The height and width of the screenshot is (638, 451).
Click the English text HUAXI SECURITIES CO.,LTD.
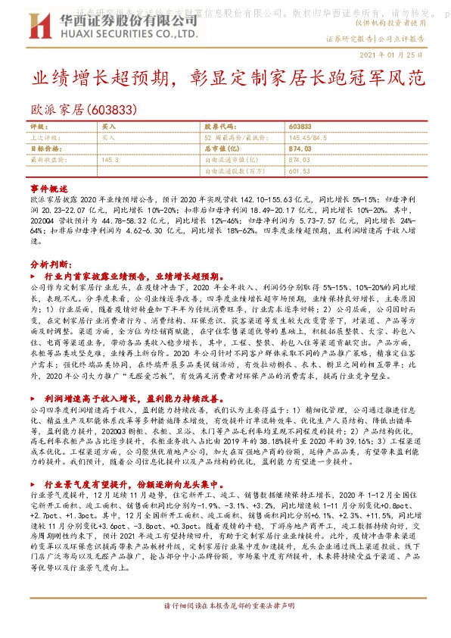pyautogui.click(x=125, y=33)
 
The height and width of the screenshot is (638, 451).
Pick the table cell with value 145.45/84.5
pyautogui.click(x=309, y=138)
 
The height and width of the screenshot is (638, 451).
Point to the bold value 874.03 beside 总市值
pyautogui.click(x=300, y=149)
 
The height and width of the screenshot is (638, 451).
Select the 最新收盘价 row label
pyautogui.click(x=45, y=160)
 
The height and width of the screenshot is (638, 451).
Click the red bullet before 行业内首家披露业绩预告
pyautogui.click(x=33, y=277)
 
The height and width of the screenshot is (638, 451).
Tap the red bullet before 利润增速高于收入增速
pyautogui.click(x=33, y=397)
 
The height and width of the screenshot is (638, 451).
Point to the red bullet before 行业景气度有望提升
pyautogui.click(x=33, y=481)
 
